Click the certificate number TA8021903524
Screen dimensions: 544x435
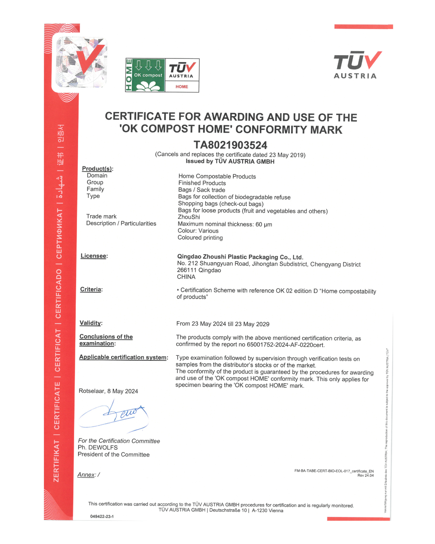click(230, 145)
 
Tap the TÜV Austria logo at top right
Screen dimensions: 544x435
click(357, 65)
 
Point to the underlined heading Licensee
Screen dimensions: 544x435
click(94, 256)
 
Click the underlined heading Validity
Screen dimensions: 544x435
click(91, 323)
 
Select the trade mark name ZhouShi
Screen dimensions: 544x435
click(189, 217)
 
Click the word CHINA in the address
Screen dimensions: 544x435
click(186, 277)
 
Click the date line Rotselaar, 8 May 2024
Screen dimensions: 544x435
click(108, 391)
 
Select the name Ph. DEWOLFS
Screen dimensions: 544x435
click(98, 448)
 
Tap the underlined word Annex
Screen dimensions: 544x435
click(86, 475)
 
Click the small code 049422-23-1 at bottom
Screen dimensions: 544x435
click(102, 517)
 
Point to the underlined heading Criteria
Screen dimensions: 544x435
click(91, 289)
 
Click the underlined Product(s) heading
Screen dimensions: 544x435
click(97, 168)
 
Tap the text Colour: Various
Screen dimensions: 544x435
click(198, 231)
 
